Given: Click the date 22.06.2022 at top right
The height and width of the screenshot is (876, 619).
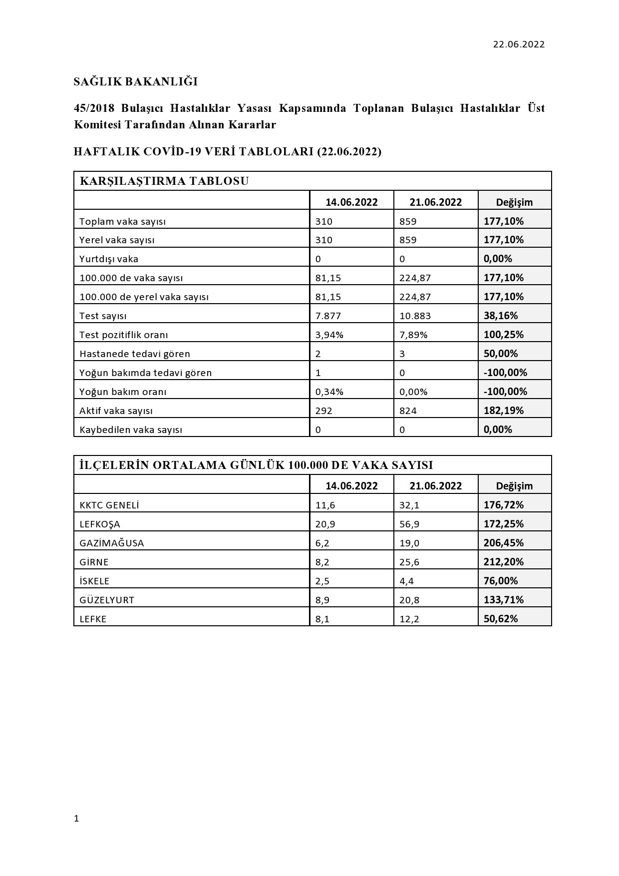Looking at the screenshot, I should [x=519, y=44].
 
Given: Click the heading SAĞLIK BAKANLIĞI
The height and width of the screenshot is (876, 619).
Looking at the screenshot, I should [x=136, y=81].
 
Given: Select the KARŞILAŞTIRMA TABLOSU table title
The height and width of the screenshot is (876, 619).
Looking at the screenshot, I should [x=164, y=181].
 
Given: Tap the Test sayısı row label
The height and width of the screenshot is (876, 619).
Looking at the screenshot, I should [x=103, y=316].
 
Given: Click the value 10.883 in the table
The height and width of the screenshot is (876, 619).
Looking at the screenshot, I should [x=415, y=316].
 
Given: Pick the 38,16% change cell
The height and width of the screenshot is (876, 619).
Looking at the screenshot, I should [x=501, y=316].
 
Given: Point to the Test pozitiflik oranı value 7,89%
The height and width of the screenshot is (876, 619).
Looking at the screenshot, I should [x=413, y=335].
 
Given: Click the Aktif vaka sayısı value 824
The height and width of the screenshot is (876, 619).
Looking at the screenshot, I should [x=408, y=411].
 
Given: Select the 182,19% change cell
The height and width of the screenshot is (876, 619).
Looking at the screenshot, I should [x=504, y=411].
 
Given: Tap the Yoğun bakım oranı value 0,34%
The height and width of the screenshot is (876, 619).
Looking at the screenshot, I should [x=329, y=392].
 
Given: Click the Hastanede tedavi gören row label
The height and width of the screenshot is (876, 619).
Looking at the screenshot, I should [x=135, y=354].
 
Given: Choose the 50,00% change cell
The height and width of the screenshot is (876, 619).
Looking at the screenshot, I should [x=501, y=354].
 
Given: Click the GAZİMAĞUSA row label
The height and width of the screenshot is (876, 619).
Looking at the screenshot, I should [x=112, y=543].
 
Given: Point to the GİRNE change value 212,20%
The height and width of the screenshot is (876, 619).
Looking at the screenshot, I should [x=504, y=562].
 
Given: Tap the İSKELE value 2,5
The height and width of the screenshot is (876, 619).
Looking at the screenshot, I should [x=322, y=581].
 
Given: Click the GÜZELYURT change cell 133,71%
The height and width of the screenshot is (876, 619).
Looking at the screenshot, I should [x=504, y=600].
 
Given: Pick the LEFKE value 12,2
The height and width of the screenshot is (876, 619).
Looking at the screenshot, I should [x=409, y=619].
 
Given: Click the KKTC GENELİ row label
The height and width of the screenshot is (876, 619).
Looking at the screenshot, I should [x=109, y=505].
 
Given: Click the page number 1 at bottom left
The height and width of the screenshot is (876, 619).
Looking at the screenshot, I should [x=76, y=819].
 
